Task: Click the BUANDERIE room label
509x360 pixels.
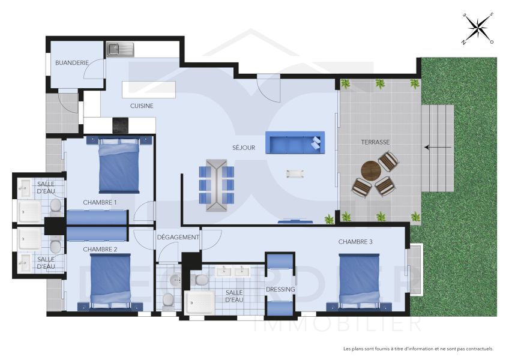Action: tap(72, 62)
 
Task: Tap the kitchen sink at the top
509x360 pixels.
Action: tap(121, 49)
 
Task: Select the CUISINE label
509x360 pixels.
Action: tap(142, 106)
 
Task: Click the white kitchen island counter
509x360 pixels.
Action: tap(149, 89)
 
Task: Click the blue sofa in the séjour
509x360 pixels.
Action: tap(294, 143)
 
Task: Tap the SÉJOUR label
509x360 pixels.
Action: tap(244, 148)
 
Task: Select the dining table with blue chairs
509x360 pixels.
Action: tap(216, 185)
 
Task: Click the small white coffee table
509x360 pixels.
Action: tap(295, 173)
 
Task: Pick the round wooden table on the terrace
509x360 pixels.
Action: tap(371, 170)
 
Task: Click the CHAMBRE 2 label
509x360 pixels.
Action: tap(100, 249)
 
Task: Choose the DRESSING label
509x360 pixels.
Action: tap(280, 289)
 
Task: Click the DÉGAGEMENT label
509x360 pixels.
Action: tap(178, 237)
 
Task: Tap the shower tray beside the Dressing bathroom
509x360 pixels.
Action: tap(199, 302)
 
